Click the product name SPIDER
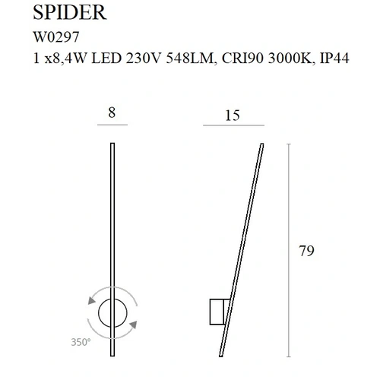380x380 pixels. click(70, 12)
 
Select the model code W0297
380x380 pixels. click(56, 37)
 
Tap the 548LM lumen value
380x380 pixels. click(190, 59)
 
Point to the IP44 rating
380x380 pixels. click(334, 59)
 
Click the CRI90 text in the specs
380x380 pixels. click(243, 59)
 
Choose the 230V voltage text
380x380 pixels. click(144, 59)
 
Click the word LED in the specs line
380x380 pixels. click(106, 59)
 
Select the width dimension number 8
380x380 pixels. click(112, 112)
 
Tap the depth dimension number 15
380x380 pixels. click(233, 116)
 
